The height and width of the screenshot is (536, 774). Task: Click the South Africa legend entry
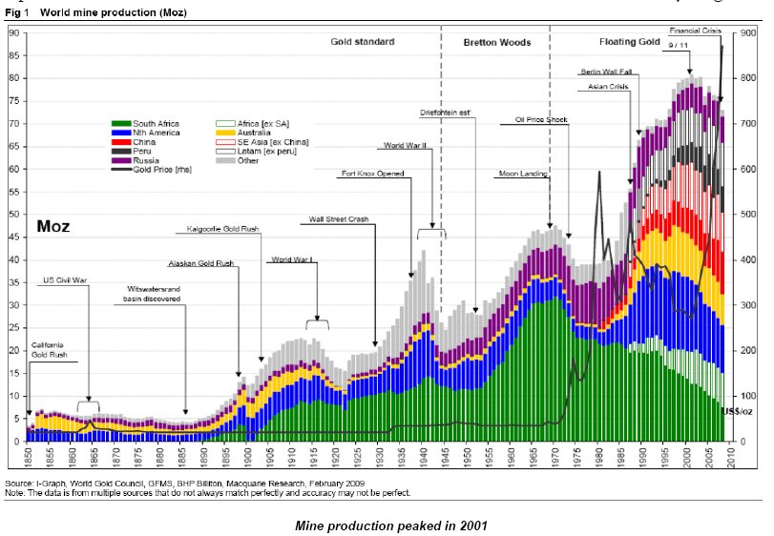[155, 124]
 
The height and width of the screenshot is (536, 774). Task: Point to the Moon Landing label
[521, 175]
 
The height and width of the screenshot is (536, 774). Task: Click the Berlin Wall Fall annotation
[605, 72]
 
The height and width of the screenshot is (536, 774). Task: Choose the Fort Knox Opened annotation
[373, 174]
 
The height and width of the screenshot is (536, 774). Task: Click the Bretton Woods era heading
[496, 43]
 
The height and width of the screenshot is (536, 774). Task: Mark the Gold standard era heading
[363, 43]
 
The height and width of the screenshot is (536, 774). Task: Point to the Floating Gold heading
[630, 43]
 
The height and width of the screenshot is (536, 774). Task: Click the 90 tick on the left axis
[14, 32]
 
